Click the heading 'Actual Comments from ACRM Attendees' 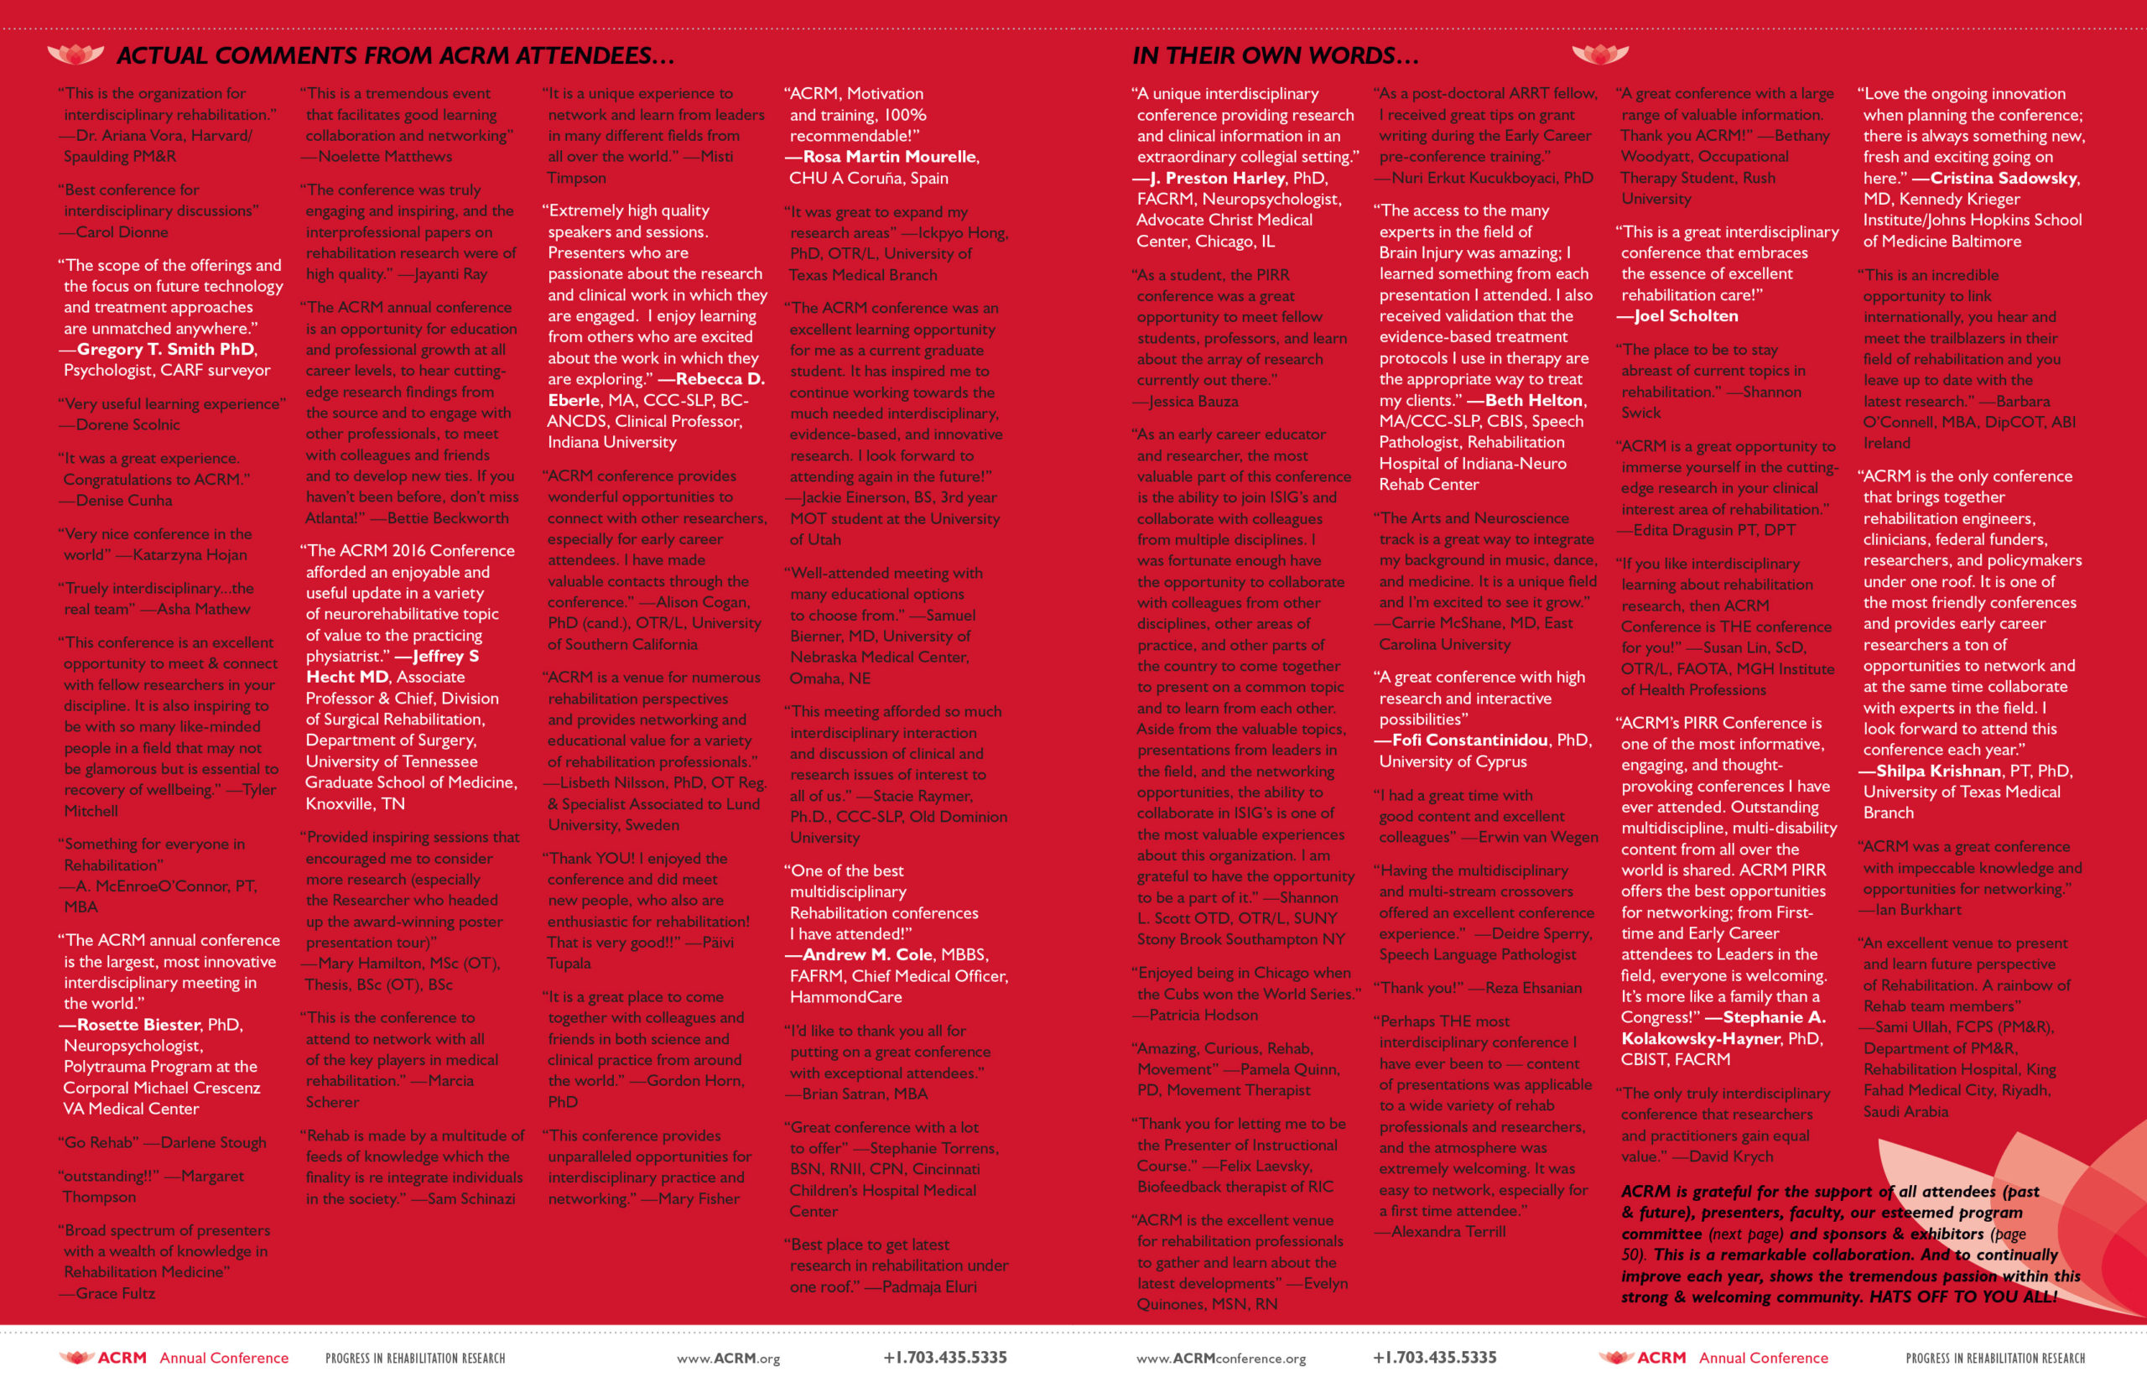(394, 55)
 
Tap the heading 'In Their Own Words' (1274, 55)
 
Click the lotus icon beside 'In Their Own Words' (1599, 55)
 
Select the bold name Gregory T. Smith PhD (166, 349)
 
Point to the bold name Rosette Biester (138, 1025)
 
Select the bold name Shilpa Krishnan (1938, 771)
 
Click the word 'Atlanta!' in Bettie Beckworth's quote (334, 517)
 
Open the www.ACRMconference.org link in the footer (1220, 1359)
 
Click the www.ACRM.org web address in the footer (728, 1359)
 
